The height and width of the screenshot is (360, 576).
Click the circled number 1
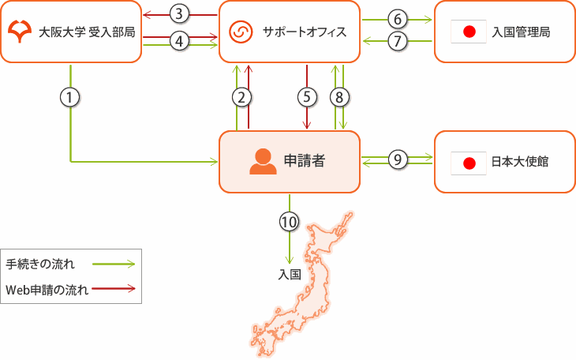click(x=71, y=97)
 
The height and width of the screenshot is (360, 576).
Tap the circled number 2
click(x=242, y=97)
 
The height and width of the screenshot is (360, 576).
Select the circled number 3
click(x=180, y=13)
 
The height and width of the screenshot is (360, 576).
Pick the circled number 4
click(x=180, y=41)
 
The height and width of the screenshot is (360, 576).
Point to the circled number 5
click(x=306, y=97)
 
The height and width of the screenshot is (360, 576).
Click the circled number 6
click(x=398, y=18)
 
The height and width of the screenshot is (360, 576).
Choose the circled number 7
click(x=398, y=41)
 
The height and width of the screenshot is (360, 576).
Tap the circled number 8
click(x=339, y=97)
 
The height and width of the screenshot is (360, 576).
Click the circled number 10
click(x=290, y=222)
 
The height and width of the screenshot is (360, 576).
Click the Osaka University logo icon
click(x=18, y=32)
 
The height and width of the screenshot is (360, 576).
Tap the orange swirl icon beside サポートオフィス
click(x=239, y=32)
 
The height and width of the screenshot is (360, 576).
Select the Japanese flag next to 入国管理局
click(x=468, y=32)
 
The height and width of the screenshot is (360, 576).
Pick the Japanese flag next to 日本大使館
click(x=468, y=163)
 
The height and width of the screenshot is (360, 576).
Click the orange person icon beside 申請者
click(x=263, y=162)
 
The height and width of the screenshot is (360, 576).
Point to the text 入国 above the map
click(x=290, y=275)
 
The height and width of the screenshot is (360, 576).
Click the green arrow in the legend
click(x=114, y=264)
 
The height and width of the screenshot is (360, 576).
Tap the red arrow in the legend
click(x=114, y=288)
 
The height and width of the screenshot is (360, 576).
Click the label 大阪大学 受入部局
click(x=86, y=32)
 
